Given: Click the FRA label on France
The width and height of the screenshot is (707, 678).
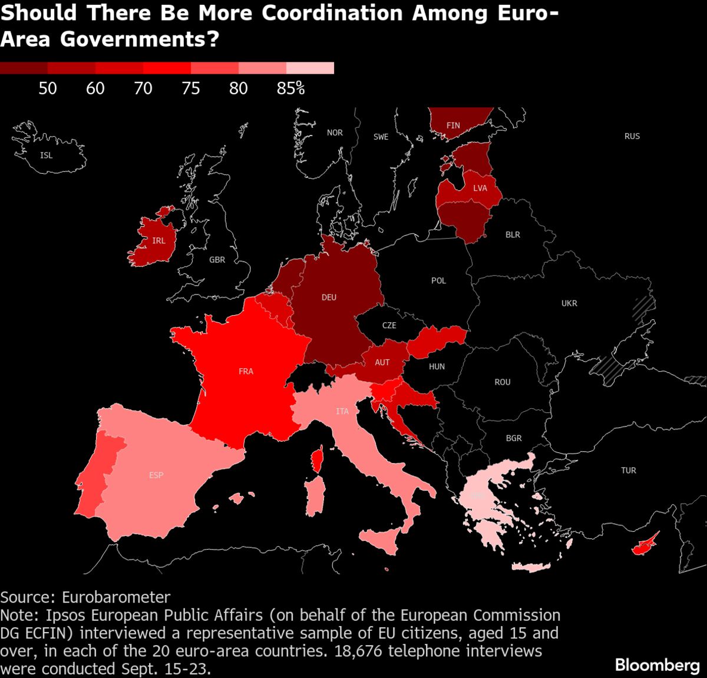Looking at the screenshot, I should coord(246,371).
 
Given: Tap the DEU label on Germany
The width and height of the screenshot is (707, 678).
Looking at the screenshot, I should coord(329,297).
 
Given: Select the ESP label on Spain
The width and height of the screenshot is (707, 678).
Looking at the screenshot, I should coord(156,475).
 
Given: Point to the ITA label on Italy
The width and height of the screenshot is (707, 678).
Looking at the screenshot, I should coord(342,411).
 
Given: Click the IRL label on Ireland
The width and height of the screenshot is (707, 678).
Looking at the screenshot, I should coord(158,240).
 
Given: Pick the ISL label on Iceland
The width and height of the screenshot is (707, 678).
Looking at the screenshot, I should coord(46,156).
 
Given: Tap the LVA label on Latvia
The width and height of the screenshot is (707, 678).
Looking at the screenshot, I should coord(480,188).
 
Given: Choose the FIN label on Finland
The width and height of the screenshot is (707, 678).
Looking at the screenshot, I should coord(453,125).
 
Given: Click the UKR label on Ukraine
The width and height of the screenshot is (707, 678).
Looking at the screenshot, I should coord(569,303).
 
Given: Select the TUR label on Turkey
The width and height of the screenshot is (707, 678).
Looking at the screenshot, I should coord(629,470).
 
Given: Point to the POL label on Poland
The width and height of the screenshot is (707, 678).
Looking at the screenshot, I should coord(438,280).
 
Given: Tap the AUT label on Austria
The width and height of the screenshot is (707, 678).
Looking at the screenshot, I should coord(382,362).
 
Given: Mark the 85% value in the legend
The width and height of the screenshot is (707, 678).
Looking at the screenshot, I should coord(291,88).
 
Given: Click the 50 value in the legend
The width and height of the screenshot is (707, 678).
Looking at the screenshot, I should coord(48,88).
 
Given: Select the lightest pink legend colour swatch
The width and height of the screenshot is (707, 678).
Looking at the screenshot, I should coord(310,68).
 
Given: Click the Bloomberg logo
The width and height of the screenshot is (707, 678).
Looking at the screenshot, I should coord(658,665).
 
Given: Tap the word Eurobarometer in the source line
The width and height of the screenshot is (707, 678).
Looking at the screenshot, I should coord(116,597).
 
